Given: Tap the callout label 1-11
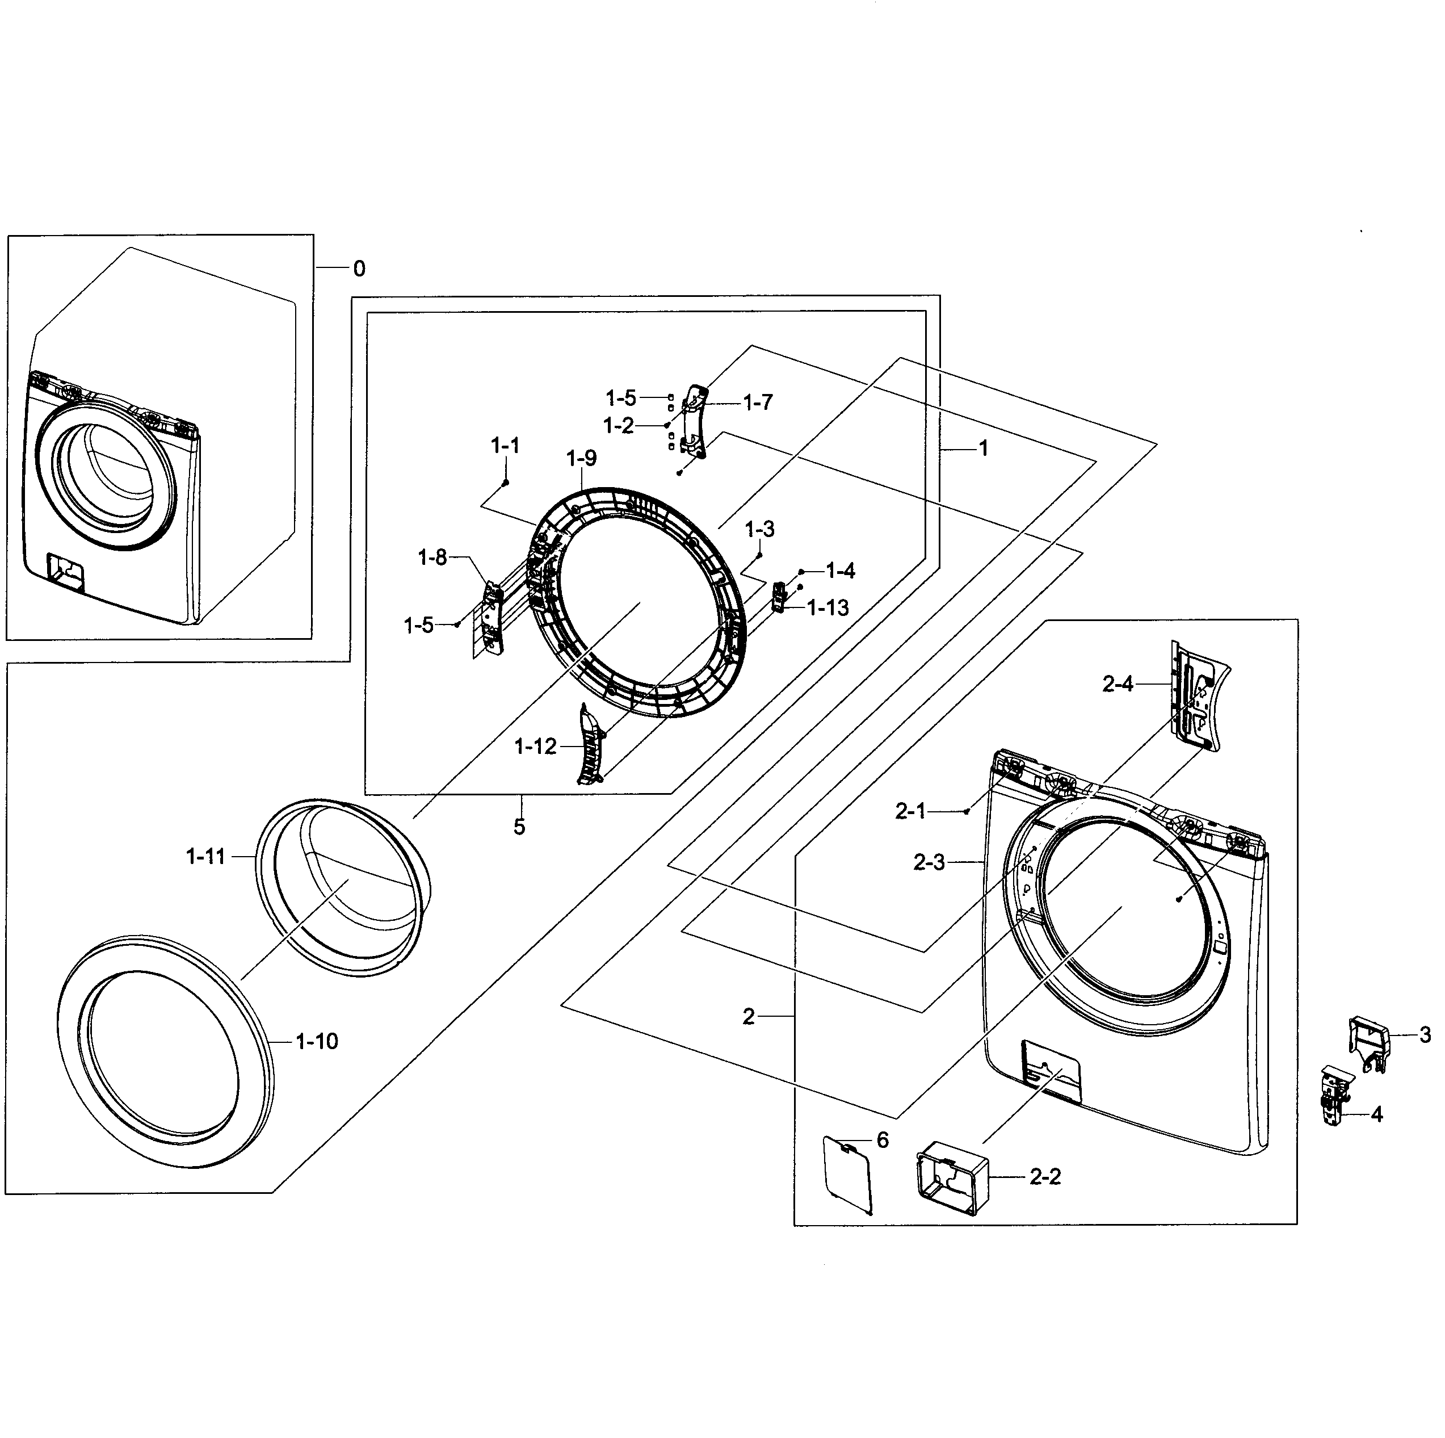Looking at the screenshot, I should click(x=205, y=857).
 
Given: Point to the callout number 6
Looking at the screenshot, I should click(x=883, y=1139).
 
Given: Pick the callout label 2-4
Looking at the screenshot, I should click(x=1118, y=684).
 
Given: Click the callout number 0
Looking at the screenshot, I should click(x=359, y=269).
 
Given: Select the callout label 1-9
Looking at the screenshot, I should click(x=581, y=458).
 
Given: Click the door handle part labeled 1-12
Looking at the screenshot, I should click(x=589, y=746).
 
